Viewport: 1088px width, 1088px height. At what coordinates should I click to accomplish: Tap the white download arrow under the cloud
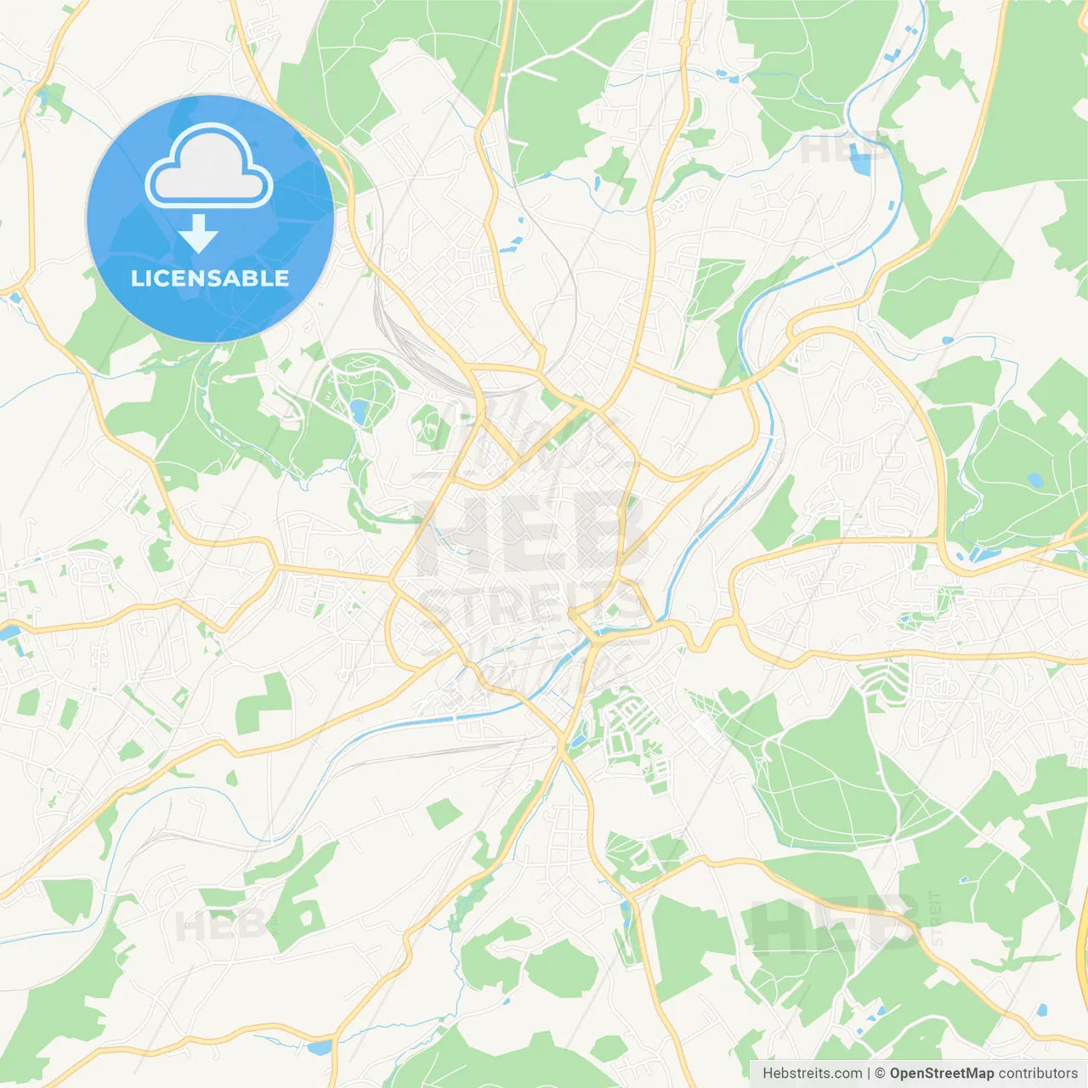[198, 234]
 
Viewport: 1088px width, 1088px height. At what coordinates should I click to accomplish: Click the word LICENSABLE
[210, 278]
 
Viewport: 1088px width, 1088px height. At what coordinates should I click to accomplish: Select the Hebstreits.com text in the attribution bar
[812, 1074]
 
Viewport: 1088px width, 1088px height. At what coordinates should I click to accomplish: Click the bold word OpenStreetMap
[941, 1074]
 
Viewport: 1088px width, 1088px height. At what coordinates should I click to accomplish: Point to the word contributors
[1038, 1074]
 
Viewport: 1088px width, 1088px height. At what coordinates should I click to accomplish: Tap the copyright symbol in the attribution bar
[880, 1074]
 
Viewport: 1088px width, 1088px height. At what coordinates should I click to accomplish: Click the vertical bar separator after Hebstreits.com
[869, 1074]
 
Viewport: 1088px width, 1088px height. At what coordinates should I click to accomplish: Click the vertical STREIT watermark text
[936, 918]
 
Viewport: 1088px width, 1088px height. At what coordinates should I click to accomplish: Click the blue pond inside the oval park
[360, 412]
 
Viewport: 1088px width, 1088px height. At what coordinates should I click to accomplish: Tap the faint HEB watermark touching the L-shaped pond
[837, 150]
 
